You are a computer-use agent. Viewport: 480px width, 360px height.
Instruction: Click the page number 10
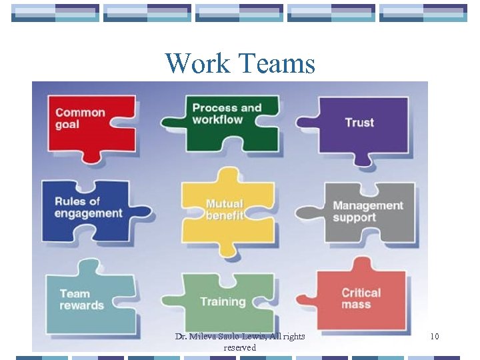[434, 337]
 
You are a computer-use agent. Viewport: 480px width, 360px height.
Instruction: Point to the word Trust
[359, 123]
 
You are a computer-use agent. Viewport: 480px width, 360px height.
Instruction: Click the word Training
[223, 302]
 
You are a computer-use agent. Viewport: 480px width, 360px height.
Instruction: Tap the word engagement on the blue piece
[89, 214]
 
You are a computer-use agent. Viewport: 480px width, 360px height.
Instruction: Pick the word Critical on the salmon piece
[361, 293]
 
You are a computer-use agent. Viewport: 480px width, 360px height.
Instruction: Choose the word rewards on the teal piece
[81, 305]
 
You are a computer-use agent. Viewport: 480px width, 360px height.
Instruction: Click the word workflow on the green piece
[217, 120]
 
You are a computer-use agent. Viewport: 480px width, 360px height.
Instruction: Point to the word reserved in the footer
[239, 347]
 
